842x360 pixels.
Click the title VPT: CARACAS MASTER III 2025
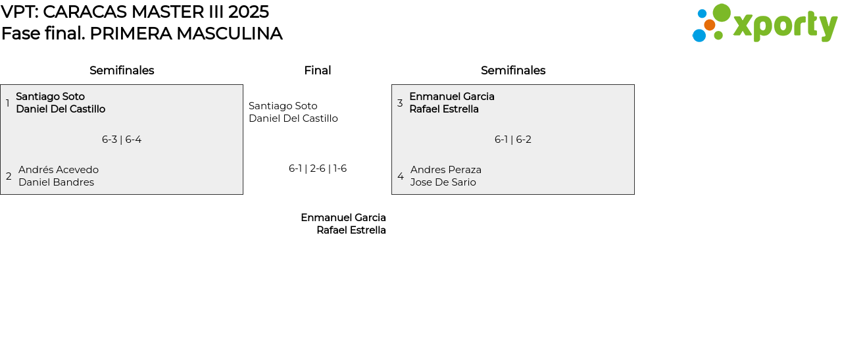(x=135, y=12)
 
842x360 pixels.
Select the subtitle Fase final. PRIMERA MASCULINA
(x=141, y=34)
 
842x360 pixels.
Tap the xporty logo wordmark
(x=785, y=26)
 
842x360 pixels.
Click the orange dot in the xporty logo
(x=709, y=25)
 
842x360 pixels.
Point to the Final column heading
(x=317, y=70)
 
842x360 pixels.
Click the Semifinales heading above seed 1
(x=122, y=70)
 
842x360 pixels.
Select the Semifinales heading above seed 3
(x=513, y=70)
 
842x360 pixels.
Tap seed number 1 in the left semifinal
(x=7, y=103)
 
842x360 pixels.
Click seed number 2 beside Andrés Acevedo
(x=9, y=176)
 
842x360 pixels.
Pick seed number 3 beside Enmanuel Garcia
(x=400, y=103)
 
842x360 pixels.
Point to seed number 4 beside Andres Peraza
(x=401, y=176)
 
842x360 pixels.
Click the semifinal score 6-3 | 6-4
(x=122, y=140)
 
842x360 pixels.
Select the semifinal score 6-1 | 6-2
(x=513, y=140)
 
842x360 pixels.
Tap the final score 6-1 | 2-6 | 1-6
(x=318, y=168)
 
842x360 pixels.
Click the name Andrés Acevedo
(x=59, y=170)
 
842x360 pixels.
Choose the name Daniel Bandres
(x=56, y=182)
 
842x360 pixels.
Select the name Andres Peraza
(x=446, y=170)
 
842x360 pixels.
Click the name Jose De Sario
(x=443, y=182)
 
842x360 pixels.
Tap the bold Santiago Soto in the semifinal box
(x=50, y=97)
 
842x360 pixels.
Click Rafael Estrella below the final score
(x=351, y=230)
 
